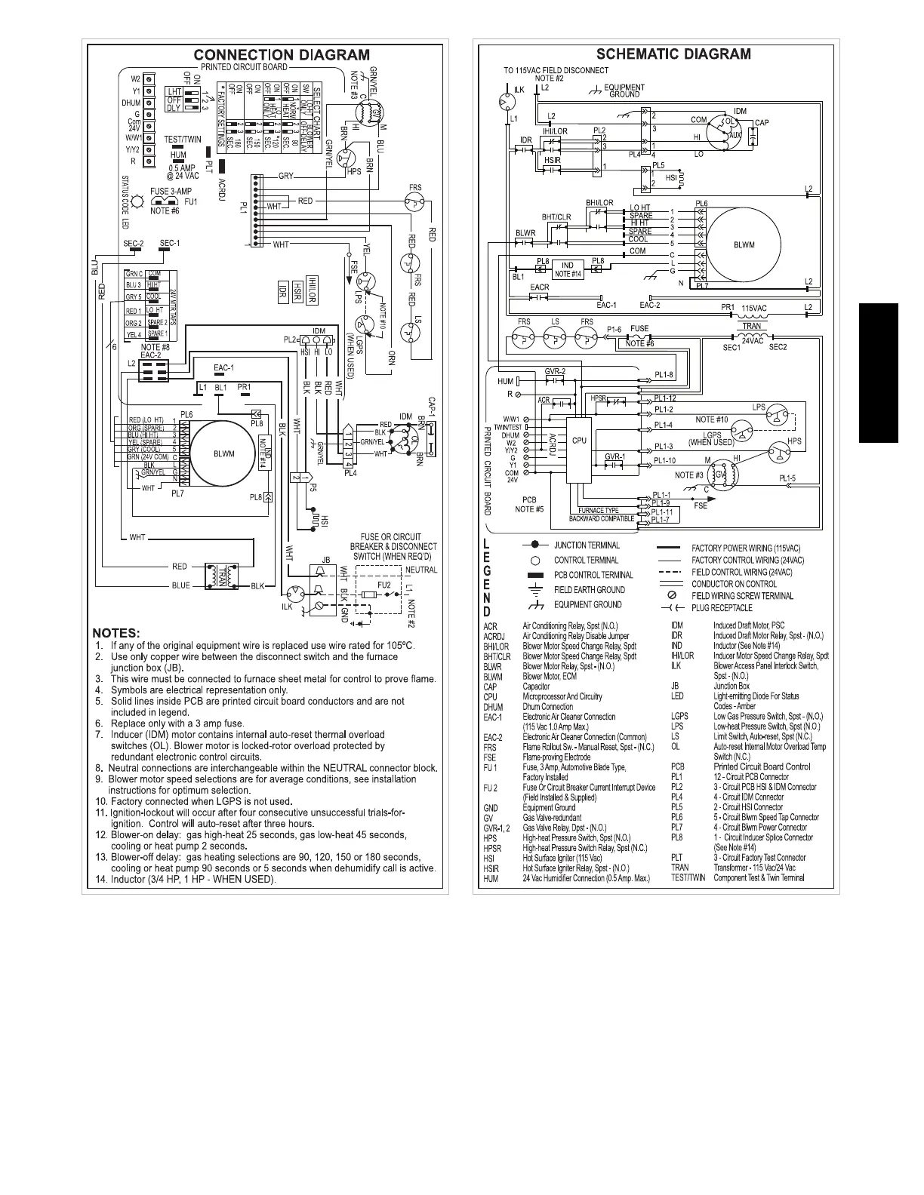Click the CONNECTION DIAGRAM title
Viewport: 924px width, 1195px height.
click(x=282, y=54)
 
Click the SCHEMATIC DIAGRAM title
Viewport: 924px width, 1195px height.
click(x=673, y=54)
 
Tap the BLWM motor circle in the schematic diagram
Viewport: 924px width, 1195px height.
click(x=744, y=244)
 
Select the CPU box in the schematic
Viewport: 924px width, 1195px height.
click(x=579, y=441)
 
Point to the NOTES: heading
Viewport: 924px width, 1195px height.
click(x=119, y=632)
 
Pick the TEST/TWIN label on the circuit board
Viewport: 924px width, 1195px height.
click(x=183, y=140)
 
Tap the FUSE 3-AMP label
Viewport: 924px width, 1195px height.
click(x=170, y=192)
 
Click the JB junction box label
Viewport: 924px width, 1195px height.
click(x=326, y=559)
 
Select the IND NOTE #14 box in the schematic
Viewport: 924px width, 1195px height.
click(x=568, y=269)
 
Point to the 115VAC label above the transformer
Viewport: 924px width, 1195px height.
click(x=753, y=308)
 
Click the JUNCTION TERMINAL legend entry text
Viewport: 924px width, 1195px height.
click(x=587, y=545)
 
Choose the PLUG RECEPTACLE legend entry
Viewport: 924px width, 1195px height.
click(x=722, y=608)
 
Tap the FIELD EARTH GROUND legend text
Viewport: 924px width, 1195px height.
click(x=590, y=590)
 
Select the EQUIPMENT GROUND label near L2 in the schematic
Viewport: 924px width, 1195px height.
click(x=624, y=91)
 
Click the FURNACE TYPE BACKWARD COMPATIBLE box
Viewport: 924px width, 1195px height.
click(x=601, y=515)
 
